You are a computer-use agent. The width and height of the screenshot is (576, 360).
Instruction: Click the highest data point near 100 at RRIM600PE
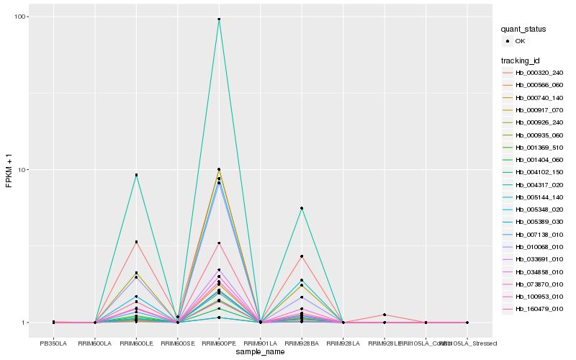[x=219, y=19]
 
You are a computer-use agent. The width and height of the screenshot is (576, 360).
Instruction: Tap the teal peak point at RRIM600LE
[x=136, y=175]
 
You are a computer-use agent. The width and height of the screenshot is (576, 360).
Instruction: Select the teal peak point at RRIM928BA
[x=302, y=208]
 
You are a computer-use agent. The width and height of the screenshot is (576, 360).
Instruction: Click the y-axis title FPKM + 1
[x=9, y=170]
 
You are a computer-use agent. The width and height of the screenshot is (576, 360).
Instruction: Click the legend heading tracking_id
[x=523, y=60]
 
